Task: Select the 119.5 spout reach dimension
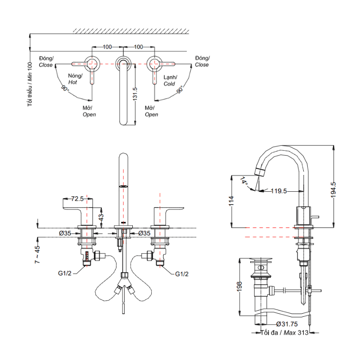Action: coord(279,191)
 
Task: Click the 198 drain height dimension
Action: coord(239,287)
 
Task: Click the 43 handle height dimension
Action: coord(102,216)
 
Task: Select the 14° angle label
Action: coord(244,181)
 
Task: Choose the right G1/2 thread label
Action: coord(182,273)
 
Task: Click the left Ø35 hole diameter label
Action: coord(66,233)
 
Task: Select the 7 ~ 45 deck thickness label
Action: coord(38,254)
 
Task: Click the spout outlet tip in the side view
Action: coord(259,171)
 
